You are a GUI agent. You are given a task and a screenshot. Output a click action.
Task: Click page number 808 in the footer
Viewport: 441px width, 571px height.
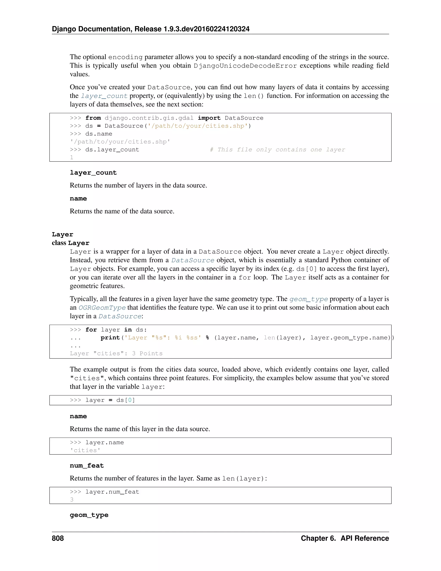(x=58, y=538)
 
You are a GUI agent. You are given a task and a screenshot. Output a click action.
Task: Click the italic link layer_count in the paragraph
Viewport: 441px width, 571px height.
(x=104, y=96)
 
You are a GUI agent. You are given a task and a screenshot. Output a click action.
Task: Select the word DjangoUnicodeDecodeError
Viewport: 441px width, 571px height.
(x=245, y=66)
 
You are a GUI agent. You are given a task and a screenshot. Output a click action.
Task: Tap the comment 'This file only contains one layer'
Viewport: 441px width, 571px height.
(x=277, y=150)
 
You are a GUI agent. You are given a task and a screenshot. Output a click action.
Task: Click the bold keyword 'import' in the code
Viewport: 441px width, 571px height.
(x=209, y=118)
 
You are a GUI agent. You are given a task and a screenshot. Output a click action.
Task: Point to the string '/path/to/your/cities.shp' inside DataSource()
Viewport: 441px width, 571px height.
(x=198, y=126)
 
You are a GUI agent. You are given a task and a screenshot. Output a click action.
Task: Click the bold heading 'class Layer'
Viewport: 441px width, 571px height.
(x=71, y=243)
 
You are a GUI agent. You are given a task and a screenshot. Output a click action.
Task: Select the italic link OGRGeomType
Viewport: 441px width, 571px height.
(x=102, y=308)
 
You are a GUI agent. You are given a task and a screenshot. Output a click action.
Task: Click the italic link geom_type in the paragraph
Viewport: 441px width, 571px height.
(x=309, y=299)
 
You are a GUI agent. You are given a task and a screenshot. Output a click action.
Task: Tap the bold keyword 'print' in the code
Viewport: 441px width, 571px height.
(x=110, y=338)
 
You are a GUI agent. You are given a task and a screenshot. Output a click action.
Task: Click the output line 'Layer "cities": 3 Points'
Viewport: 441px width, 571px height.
(x=116, y=353)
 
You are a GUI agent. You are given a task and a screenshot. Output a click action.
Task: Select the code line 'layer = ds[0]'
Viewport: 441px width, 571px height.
(x=110, y=400)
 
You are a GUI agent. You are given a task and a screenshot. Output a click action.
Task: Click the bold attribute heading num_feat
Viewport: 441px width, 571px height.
(x=87, y=466)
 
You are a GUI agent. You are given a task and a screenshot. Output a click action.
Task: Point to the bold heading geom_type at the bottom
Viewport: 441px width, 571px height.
(x=89, y=515)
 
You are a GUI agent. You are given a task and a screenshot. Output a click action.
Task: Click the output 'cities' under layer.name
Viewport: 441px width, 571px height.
(x=85, y=450)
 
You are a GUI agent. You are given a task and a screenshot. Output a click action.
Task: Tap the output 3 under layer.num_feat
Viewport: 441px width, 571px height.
(x=71, y=500)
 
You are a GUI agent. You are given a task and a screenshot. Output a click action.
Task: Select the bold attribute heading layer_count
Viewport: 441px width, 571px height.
(x=93, y=173)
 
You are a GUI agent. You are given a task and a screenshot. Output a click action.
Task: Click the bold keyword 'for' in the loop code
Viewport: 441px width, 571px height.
(x=91, y=330)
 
